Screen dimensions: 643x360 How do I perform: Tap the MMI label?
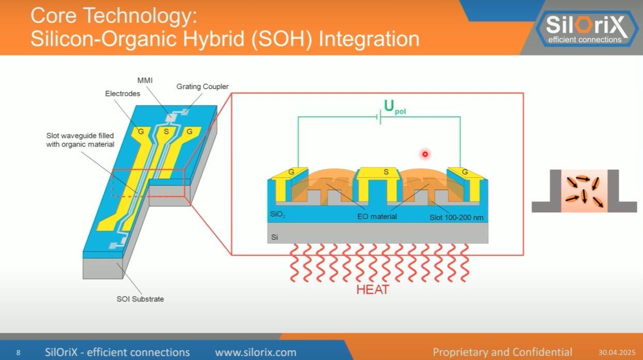click(x=145, y=80)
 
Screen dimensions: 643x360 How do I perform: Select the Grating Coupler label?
click(x=203, y=86)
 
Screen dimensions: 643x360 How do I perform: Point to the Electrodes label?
click(x=123, y=93)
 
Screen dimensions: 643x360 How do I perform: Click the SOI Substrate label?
click(x=140, y=299)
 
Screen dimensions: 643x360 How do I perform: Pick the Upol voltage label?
click(x=394, y=106)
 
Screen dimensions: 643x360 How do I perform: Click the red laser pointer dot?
click(x=425, y=153)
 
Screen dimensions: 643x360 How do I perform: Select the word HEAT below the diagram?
click(x=372, y=289)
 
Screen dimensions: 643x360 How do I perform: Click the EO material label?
click(x=377, y=216)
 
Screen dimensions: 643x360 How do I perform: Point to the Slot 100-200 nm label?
click(x=456, y=217)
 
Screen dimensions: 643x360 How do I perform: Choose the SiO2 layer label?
click(x=278, y=214)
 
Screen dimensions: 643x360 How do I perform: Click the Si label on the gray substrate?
click(x=275, y=238)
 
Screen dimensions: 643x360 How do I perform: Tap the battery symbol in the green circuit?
click(x=379, y=118)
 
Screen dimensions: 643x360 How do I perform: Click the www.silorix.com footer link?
click(x=255, y=352)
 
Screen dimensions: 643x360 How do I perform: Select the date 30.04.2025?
click(x=617, y=353)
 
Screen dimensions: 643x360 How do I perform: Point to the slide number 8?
click(x=18, y=353)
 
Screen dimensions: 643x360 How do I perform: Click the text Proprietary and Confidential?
click(x=502, y=352)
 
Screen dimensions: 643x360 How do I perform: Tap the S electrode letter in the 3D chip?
click(x=166, y=132)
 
